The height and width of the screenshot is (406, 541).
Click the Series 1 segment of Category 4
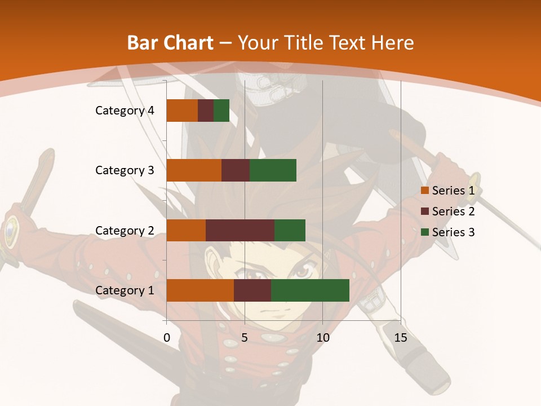pos(182,111)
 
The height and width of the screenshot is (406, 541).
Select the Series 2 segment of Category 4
pos(206,111)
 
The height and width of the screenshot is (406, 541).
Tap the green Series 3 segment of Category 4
pos(221,111)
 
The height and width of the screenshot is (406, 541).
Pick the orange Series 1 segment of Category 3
pos(194,170)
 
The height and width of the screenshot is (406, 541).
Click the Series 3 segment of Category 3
pos(273,170)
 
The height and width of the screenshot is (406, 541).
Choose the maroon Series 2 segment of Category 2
pos(240,230)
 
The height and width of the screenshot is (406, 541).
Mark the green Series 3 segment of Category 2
pos(290,230)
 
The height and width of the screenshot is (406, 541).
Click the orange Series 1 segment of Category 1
pos(200,290)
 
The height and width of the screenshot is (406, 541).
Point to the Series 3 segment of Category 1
pos(310,290)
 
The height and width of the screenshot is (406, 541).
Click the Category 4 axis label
pos(125,111)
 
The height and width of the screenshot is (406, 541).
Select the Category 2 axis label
pos(125,230)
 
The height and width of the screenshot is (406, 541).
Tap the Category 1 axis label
pos(125,290)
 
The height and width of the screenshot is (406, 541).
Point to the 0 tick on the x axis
pos(167,338)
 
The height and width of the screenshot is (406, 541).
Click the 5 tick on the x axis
pos(245,338)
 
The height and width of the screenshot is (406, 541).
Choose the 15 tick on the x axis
pos(400,338)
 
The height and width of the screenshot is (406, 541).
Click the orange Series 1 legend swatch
pos(424,191)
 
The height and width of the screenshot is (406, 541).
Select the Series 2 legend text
pos(453,211)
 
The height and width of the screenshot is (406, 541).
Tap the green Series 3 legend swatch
pos(424,232)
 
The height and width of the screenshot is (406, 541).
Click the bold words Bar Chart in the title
pos(170,43)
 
